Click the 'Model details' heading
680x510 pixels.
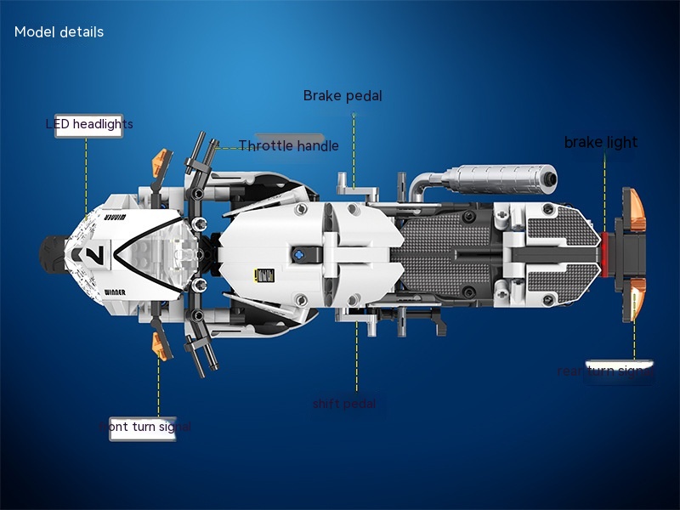[59, 32]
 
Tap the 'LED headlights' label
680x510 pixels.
[89, 125]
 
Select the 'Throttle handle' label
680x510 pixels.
[288, 145]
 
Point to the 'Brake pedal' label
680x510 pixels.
[343, 96]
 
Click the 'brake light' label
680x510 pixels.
[600, 142]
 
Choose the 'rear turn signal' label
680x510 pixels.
[604, 371]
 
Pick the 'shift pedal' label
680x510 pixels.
[343, 404]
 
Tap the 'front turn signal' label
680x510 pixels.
[144, 427]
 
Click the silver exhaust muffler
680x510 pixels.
[493, 179]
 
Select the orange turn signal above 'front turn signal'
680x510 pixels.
[158, 343]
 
